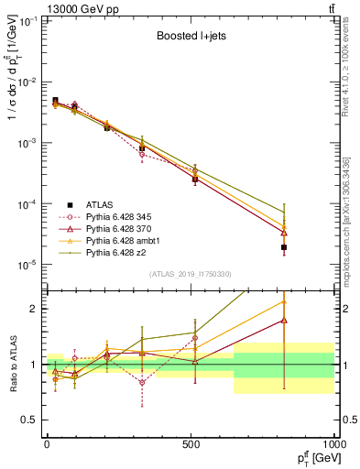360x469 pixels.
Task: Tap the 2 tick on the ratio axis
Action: click(x=35, y=309)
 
